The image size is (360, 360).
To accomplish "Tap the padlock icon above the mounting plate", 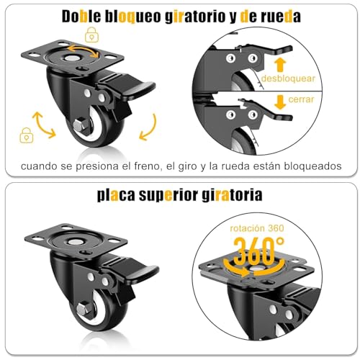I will (x=91, y=33).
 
